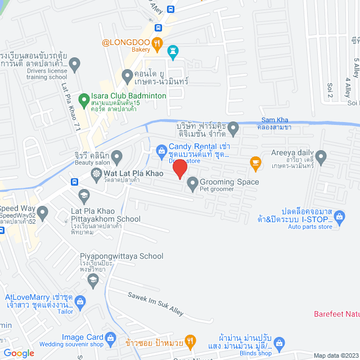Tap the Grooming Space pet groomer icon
coord(192,182)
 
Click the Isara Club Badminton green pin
coord(84,101)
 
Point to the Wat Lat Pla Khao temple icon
coord(97,173)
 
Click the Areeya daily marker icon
coord(321,157)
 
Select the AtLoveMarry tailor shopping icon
coord(80,301)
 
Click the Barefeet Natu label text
coord(336,313)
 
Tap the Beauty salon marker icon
coord(116,156)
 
